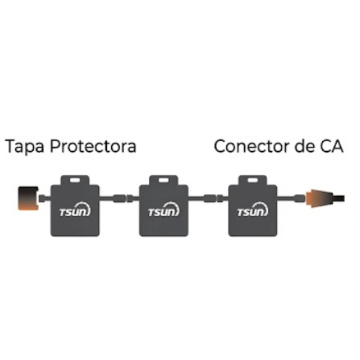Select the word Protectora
point(93,146)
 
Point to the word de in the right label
point(305,146)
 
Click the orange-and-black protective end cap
point(28,198)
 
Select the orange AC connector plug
point(319,198)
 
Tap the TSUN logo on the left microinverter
point(75,210)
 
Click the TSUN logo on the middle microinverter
point(164,210)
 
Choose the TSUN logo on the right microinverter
point(252,210)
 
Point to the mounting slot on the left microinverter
point(75,180)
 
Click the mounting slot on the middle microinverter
point(163,180)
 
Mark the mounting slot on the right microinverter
point(252,180)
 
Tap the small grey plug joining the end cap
point(42,198)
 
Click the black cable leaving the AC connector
point(339,198)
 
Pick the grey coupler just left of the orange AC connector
point(300,198)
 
